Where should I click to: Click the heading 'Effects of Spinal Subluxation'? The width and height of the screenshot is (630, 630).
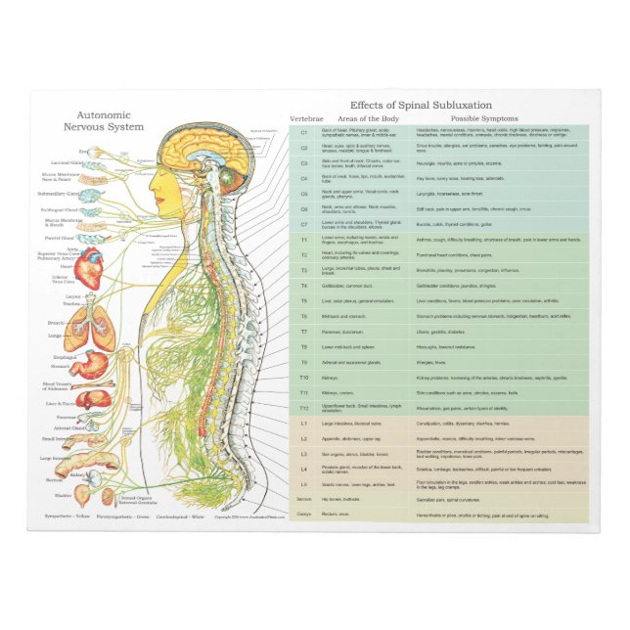(421, 105)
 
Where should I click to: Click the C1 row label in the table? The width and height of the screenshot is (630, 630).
(303, 132)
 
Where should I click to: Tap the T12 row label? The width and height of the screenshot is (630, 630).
(303, 407)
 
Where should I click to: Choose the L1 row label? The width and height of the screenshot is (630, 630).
(303, 424)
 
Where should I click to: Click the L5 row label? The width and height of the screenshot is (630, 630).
(303, 484)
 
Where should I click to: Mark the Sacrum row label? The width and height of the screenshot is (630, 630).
(303, 499)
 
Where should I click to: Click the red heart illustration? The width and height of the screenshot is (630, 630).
(89, 267)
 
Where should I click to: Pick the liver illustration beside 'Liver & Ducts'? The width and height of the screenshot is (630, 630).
(93, 399)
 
